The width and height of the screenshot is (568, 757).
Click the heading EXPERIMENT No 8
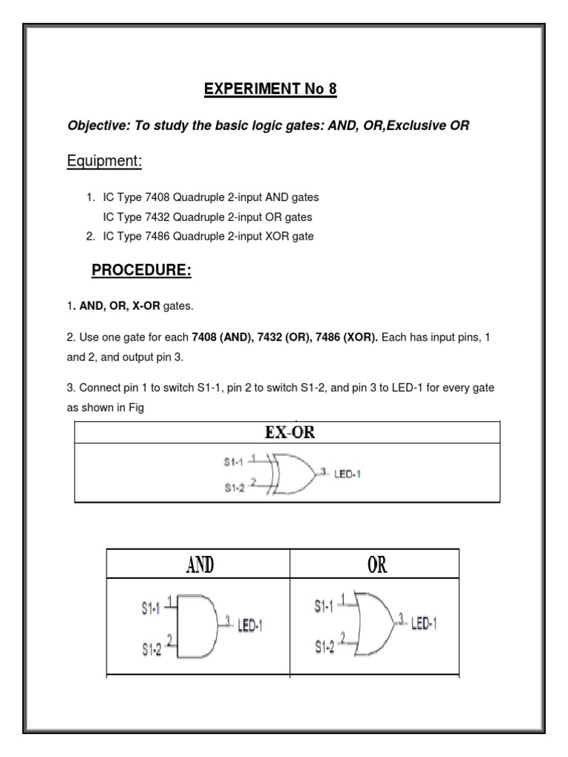pyautogui.click(x=270, y=90)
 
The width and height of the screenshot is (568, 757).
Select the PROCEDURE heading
pyautogui.click(x=141, y=271)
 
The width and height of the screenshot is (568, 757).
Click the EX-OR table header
pyautogui.click(x=290, y=433)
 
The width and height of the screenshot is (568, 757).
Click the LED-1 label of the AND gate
pyautogui.click(x=250, y=627)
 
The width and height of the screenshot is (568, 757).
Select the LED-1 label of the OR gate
pyautogui.click(x=424, y=623)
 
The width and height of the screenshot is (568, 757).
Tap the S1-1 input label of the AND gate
pyautogui.click(x=150, y=610)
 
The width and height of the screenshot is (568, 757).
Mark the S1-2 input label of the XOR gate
pyautogui.click(x=234, y=488)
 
